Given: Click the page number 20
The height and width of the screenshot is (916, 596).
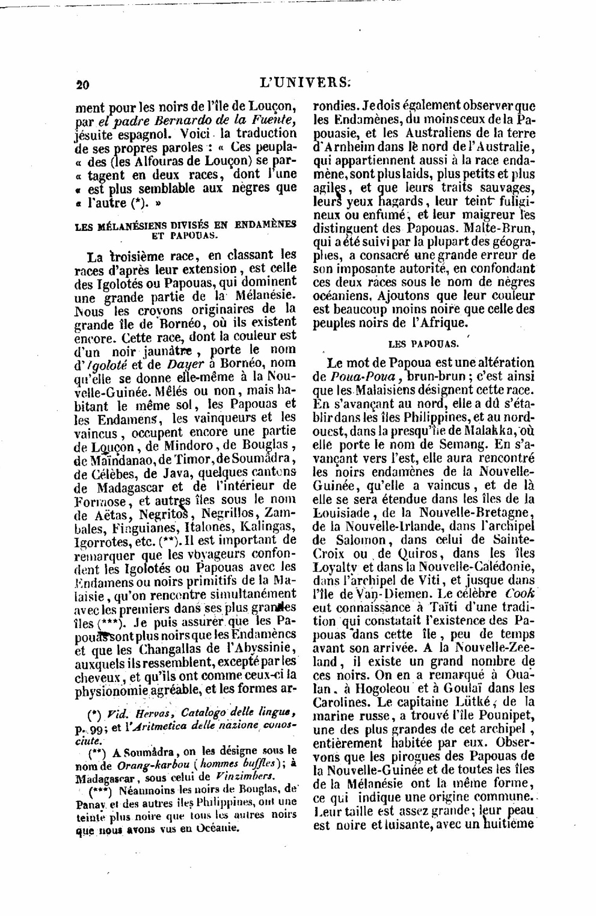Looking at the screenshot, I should [x=83, y=85].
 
